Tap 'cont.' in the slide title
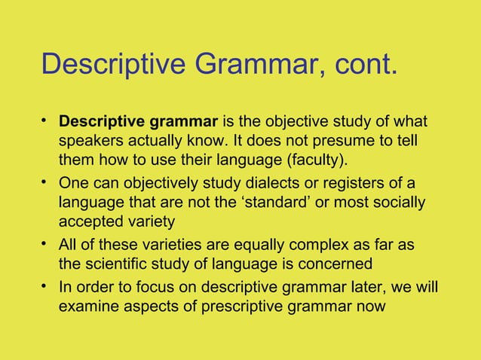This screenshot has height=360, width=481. (x=360, y=65)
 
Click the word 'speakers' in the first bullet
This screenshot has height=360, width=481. (x=90, y=142)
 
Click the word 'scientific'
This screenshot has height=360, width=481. (x=121, y=264)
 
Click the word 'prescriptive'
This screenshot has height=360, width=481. (x=253, y=307)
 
